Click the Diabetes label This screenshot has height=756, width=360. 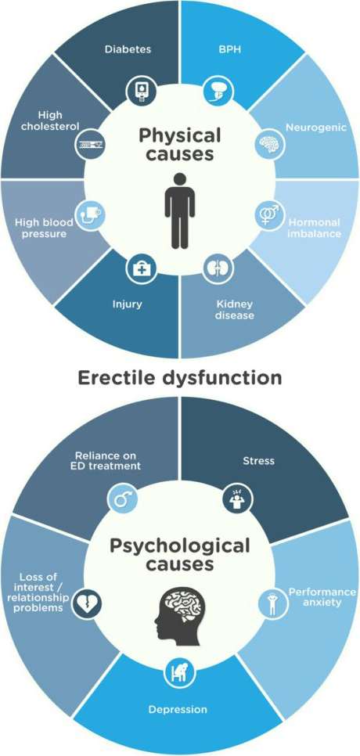pyautogui.click(x=128, y=49)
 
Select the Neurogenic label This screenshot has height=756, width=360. pyautogui.click(x=316, y=128)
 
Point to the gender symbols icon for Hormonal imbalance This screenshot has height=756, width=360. pyautogui.click(x=269, y=214)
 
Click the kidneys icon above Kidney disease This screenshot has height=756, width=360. pyautogui.click(x=214, y=268)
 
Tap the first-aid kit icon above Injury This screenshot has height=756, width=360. pyautogui.click(x=141, y=268)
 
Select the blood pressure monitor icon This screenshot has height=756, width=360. pyautogui.click(x=90, y=214)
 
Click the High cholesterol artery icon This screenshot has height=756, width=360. pyautogui.click(x=90, y=143)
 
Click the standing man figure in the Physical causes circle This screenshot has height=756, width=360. pyautogui.click(x=180, y=211)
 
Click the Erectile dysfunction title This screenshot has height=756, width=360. pyautogui.click(x=180, y=377)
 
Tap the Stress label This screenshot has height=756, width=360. pyautogui.click(x=258, y=461)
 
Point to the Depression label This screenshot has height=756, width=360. pyautogui.click(x=178, y=709)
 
